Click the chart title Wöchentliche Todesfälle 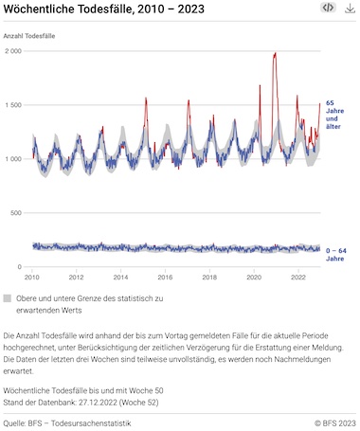point(68,9)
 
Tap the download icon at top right point(350,9)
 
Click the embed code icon point(328,8)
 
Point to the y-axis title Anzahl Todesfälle point(29,36)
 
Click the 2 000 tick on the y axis point(13,51)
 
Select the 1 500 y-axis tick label point(13,105)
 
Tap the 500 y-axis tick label point(16,213)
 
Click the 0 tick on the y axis point(20,267)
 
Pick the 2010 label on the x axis point(32,278)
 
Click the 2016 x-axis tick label point(165,278)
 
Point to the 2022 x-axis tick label point(298,278)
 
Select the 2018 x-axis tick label point(209,278)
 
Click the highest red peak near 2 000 point(276,53)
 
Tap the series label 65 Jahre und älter point(334,115)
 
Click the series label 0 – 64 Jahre point(336,255)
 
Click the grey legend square point(8,298)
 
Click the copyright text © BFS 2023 point(335,423)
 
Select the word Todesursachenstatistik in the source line point(91,423)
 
